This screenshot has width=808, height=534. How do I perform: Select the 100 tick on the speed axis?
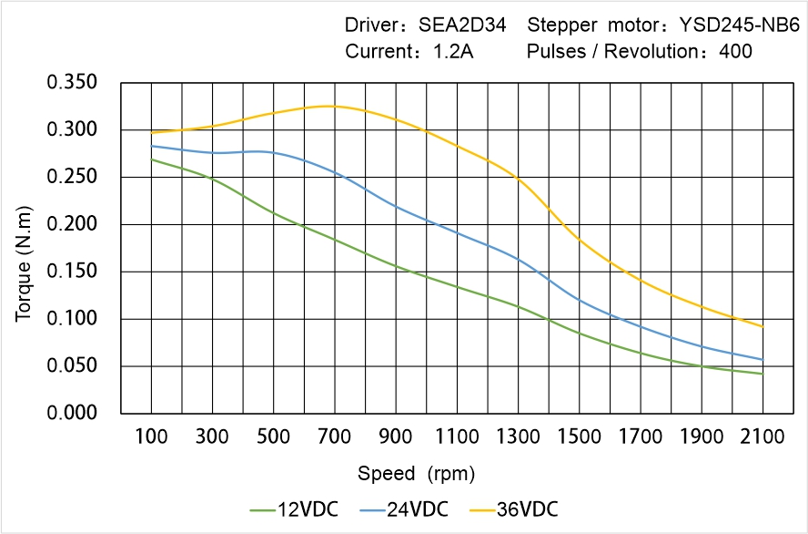click(151, 437)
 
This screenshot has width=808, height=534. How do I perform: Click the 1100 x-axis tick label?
click(457, 437)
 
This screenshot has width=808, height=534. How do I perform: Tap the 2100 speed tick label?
click(763, 437)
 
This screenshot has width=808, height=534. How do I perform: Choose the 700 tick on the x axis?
click(334, 437)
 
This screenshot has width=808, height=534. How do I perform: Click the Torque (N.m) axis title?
click(25, 248)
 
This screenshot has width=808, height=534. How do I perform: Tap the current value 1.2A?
click(451, 52)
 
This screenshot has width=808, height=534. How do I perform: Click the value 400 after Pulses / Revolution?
click(735, 52)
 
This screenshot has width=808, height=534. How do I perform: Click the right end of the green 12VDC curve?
click(763, 374)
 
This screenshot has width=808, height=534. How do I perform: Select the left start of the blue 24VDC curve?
click(151, 146)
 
